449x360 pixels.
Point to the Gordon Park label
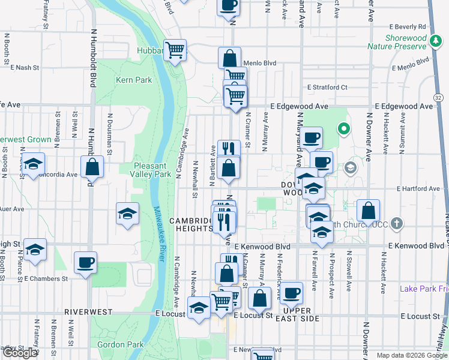click(x=121, y=344)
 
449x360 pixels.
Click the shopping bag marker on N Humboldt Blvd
click(x=92, y=167)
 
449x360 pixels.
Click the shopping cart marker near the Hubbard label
click(x=175, y=51)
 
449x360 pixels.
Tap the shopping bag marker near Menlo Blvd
click(x=229, y=59)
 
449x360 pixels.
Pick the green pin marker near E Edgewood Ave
click(x=343, y=128)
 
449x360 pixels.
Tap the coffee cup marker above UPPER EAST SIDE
click(x=292, y=293)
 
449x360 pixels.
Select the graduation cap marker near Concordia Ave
click(x=33, y=164)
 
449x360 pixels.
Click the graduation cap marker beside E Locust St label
click(x=199, y=308)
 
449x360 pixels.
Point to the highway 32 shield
click(x=439, y=97)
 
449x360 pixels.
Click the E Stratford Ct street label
click(x=327, y=87)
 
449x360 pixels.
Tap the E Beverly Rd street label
click(x=407, y=27)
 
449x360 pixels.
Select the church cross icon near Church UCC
click(x=396, y=224)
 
